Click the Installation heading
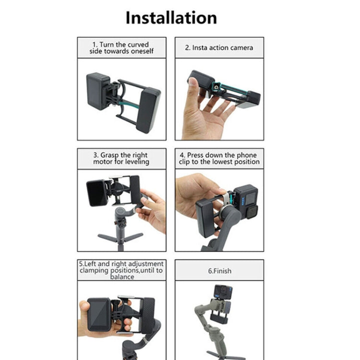tap(171, 18)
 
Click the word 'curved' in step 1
tap(136, 45)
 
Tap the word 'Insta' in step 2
tap(200, 48)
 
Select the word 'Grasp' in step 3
tap(110, 156)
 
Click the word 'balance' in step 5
tap(122, 277)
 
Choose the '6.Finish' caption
tap(219, 271)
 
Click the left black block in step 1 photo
tap(98, 91)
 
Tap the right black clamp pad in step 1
tap(148, 109)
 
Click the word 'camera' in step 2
tap(241, 48)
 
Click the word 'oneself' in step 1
tap(142, 51)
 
